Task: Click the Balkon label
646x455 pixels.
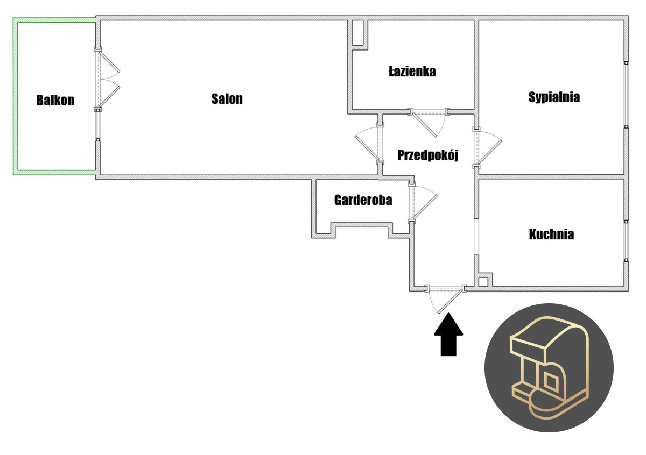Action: point(55,101)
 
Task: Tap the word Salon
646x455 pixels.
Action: point(227,99)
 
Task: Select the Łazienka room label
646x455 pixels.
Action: point(412,71)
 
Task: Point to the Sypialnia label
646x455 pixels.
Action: point(554,97)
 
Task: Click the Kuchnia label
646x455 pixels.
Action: point(551,234)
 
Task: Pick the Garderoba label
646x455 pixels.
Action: point(363,200)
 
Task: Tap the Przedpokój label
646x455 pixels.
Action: point(427,155)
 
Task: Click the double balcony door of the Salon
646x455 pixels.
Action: point(108,80)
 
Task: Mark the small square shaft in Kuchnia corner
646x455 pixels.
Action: point(483,281)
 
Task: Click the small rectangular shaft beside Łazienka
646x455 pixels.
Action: point(357,33)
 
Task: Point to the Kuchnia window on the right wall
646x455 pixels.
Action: point(626,239)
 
